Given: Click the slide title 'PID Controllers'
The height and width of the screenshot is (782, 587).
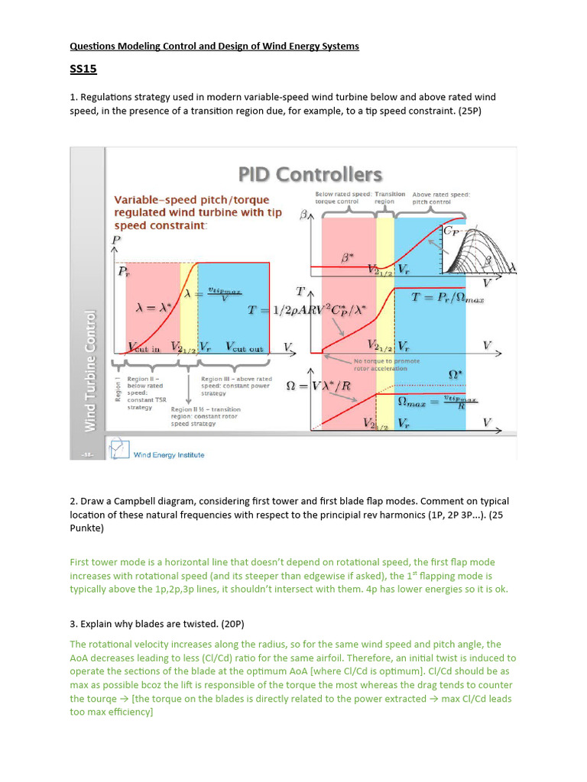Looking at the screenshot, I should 310,175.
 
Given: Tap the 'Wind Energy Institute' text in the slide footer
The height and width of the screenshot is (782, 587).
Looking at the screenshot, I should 169,455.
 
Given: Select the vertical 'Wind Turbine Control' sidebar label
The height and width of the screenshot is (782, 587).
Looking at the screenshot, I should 90,371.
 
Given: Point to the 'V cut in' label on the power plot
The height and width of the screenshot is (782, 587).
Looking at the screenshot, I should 144,348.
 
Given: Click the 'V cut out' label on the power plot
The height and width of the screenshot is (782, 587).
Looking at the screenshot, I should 244,348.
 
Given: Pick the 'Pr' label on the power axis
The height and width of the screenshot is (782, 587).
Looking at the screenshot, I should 122,271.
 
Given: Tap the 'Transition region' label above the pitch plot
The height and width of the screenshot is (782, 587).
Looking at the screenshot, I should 390,198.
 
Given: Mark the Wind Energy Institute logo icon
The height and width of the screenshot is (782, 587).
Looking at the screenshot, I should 118,449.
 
